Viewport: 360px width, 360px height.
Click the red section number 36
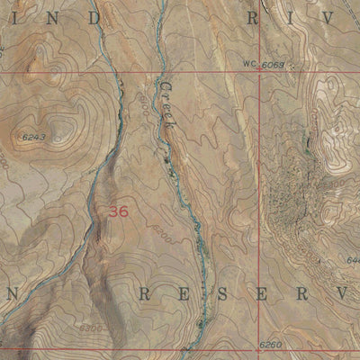pos(118,212)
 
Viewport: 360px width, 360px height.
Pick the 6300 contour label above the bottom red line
pos(91,328)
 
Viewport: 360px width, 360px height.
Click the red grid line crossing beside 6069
pos(261,72)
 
